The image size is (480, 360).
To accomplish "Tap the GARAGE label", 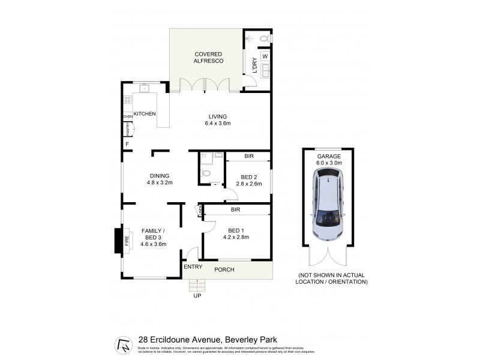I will coord(328,156).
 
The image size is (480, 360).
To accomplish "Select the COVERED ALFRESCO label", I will coord(208,58).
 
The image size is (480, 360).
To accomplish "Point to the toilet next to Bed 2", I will coord(207,173).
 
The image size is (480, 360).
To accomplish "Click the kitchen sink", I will coord(144,89).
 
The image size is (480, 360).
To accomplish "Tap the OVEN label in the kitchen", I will coord(128,116).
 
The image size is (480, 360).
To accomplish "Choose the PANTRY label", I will coord(127,129).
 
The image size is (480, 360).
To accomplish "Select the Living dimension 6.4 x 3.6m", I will coord(218,124).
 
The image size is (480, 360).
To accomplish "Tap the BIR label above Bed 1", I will coord(235,210).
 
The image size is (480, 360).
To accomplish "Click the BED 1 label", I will coord(235,230).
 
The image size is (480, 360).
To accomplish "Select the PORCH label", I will coord(224,269).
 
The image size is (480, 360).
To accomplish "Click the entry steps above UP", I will coord(197,284).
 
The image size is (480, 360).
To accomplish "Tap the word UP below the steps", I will coord(197,296).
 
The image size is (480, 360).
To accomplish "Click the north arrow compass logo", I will coord(123,345).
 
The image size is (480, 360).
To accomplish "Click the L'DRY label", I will coord(254,65).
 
